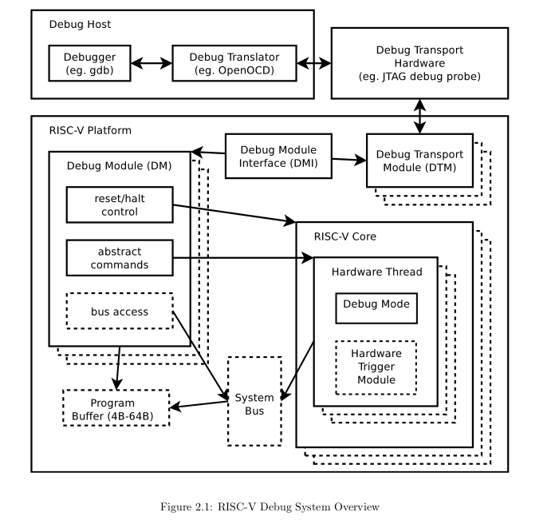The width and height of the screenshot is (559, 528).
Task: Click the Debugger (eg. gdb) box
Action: click(x=91, y=63)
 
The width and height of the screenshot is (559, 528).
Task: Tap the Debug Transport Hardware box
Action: click(x=419, y=63)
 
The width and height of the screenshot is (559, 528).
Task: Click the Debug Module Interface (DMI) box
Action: click(x=278, y=157)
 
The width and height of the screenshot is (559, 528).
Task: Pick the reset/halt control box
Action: click(x=120, y=204)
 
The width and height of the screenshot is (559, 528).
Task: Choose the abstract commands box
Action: click(x=120, y=258)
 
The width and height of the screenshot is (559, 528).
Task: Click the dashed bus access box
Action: click(x=120, y=312)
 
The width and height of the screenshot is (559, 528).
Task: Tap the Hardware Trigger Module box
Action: click(x=376, y=367)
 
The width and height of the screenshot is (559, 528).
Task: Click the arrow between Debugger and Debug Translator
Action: click(x=152, y=63)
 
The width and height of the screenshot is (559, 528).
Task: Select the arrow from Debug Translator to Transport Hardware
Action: click(x=315, y=63)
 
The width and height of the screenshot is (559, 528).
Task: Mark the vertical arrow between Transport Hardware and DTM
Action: click(x=419, y=116)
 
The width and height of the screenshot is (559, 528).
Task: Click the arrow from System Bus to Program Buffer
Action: click(x=199, y=406)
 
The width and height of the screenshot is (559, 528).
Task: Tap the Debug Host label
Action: click(x=80, y=24)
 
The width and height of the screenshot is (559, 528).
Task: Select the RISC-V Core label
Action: click(x=344, y=236)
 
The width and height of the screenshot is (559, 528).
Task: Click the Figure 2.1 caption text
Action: click(x=270, y=507)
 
